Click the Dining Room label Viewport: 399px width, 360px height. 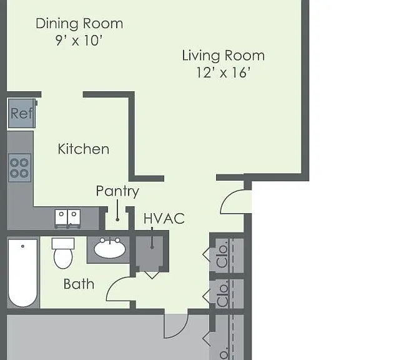click(x=79, y=24)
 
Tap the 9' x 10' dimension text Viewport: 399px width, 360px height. click(x=79, y=40)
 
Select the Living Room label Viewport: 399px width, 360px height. click(x=224, y=56)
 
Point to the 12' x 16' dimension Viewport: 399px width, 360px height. click(x=224, y=72)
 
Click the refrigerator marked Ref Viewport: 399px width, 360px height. click(x=22, y=113)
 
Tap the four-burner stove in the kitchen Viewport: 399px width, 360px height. click(x=19, y=168)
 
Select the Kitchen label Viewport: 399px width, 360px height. click(x=84, y=149)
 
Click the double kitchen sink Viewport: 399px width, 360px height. click(x=67, y=217)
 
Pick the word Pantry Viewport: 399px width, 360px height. click(x=117, y=191)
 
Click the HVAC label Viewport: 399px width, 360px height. click(x=164, y=219)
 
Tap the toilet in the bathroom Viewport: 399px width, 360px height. click(x=63, y=253)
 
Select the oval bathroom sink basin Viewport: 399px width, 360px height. click(x=110, y=249)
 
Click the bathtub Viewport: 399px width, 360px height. click(x=23, y=272)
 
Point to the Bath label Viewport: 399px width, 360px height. click(x=79, y=284)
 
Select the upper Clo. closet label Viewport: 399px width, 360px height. click(x=222, y=256)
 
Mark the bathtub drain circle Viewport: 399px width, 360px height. click(x=22, y=246)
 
